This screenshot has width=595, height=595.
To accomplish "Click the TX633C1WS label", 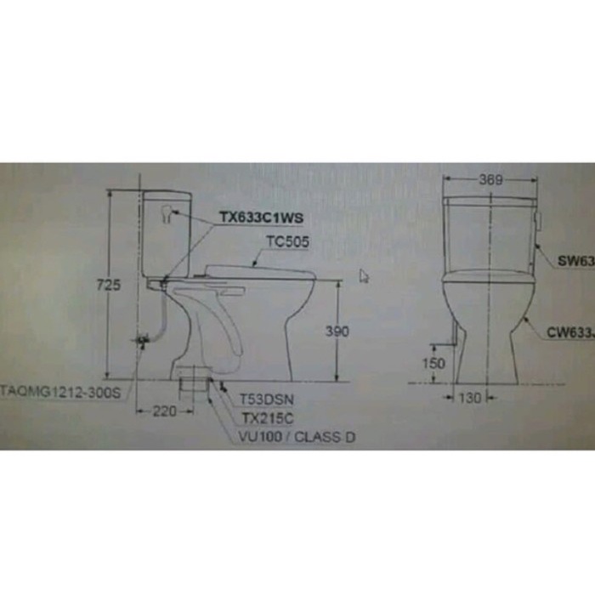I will [261, 218].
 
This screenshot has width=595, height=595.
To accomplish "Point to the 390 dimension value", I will [337, 331].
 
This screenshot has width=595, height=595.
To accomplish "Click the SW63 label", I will [576, 263].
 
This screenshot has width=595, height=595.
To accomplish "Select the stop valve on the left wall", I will [142, 341].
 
